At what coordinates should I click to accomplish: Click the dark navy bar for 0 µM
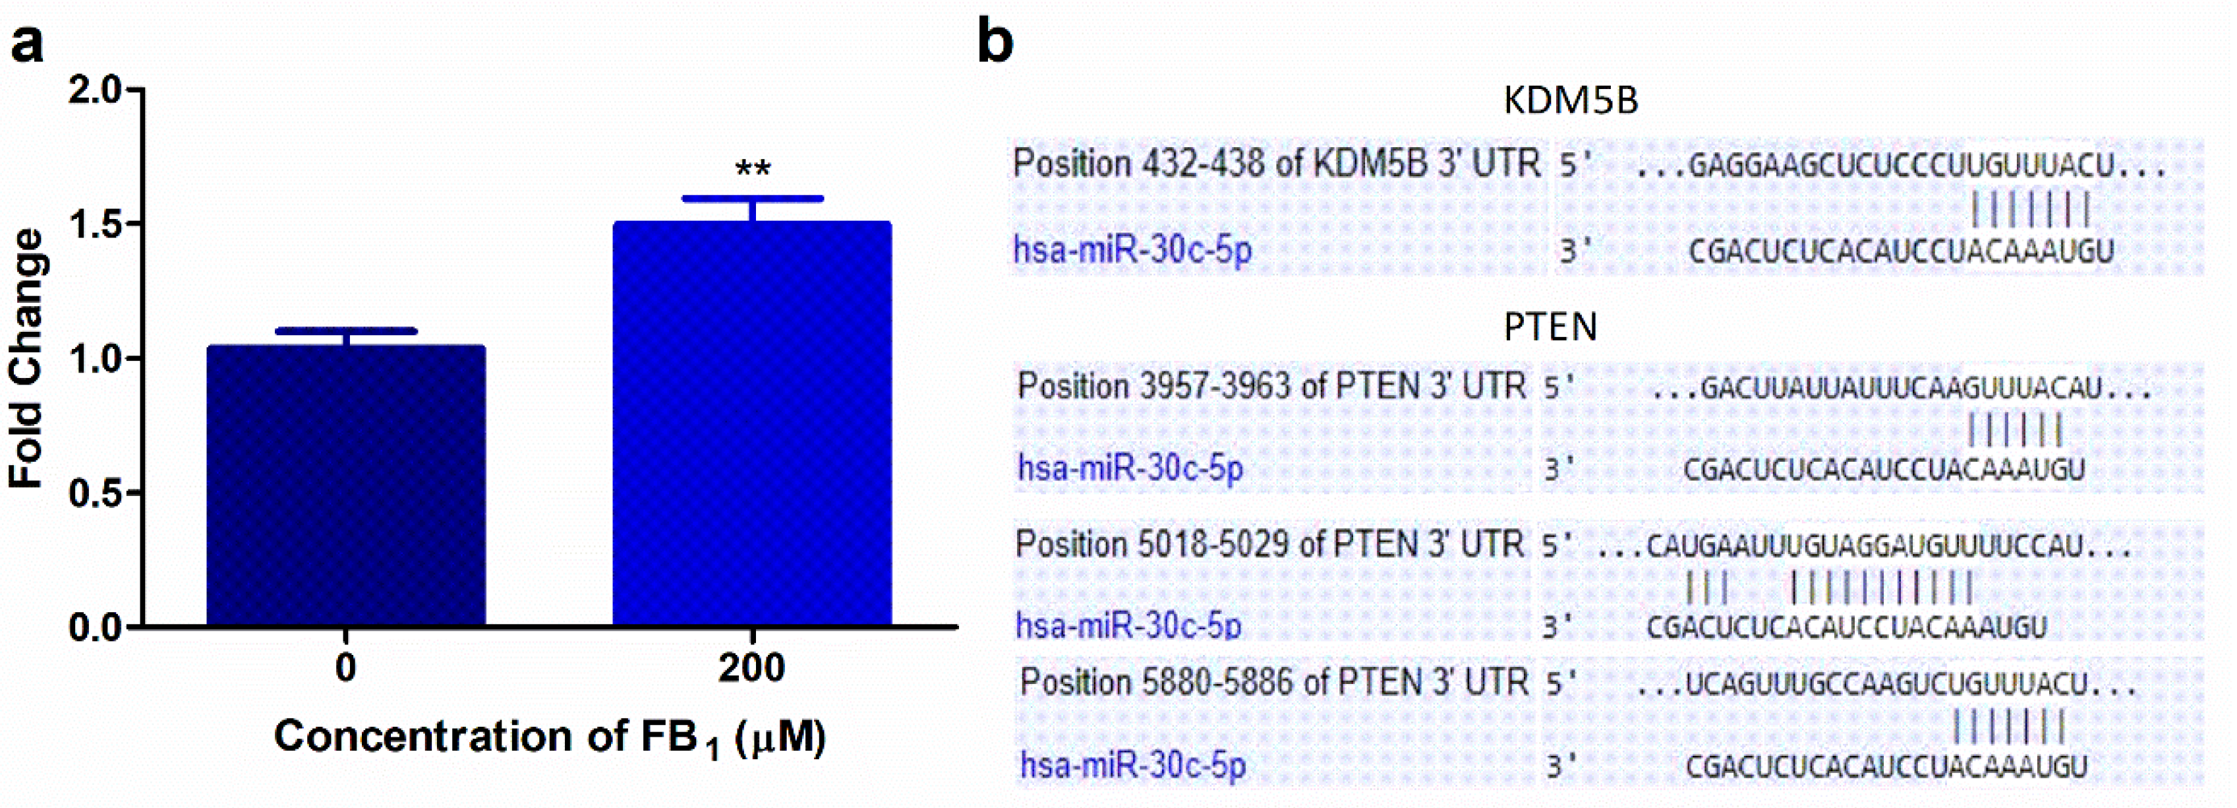345,487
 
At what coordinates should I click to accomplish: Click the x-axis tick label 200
752,668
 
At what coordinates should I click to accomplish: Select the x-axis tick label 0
345,668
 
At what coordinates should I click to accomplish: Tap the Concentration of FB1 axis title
549,737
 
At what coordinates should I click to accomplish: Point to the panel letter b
995,42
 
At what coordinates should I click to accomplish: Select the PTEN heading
1550,326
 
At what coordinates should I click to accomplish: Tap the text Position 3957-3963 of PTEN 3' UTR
1271,386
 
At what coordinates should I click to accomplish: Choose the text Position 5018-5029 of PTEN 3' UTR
1269,545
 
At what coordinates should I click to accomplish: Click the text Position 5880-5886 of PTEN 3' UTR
1273,683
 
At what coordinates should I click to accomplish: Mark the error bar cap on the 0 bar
345,331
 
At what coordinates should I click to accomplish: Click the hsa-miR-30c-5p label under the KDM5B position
1132,250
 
